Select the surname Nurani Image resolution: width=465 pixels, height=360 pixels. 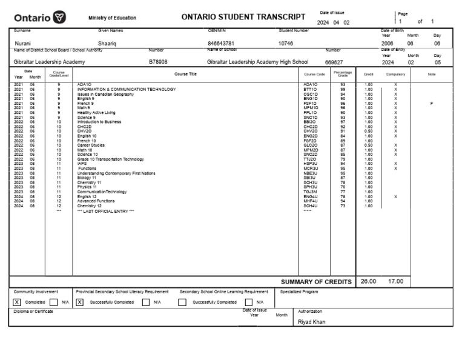(23, 44)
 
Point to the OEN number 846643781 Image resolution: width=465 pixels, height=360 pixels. (221, 44)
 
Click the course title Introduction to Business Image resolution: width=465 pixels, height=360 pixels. (99, 122)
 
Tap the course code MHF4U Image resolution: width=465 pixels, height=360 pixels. (311, 201)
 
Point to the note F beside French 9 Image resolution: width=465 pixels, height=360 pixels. (432, 104)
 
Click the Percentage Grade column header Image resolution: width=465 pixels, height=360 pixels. (343, 74)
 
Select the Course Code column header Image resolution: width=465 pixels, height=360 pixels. (314, 74)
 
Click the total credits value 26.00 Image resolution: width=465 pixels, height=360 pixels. (368, 281)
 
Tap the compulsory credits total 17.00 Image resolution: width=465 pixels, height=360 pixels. (396, 281)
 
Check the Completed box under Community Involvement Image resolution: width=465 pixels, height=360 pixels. (17, 302)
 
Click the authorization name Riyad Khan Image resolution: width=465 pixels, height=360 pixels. (312, 322)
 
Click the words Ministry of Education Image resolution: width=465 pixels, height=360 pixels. (112, 18)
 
